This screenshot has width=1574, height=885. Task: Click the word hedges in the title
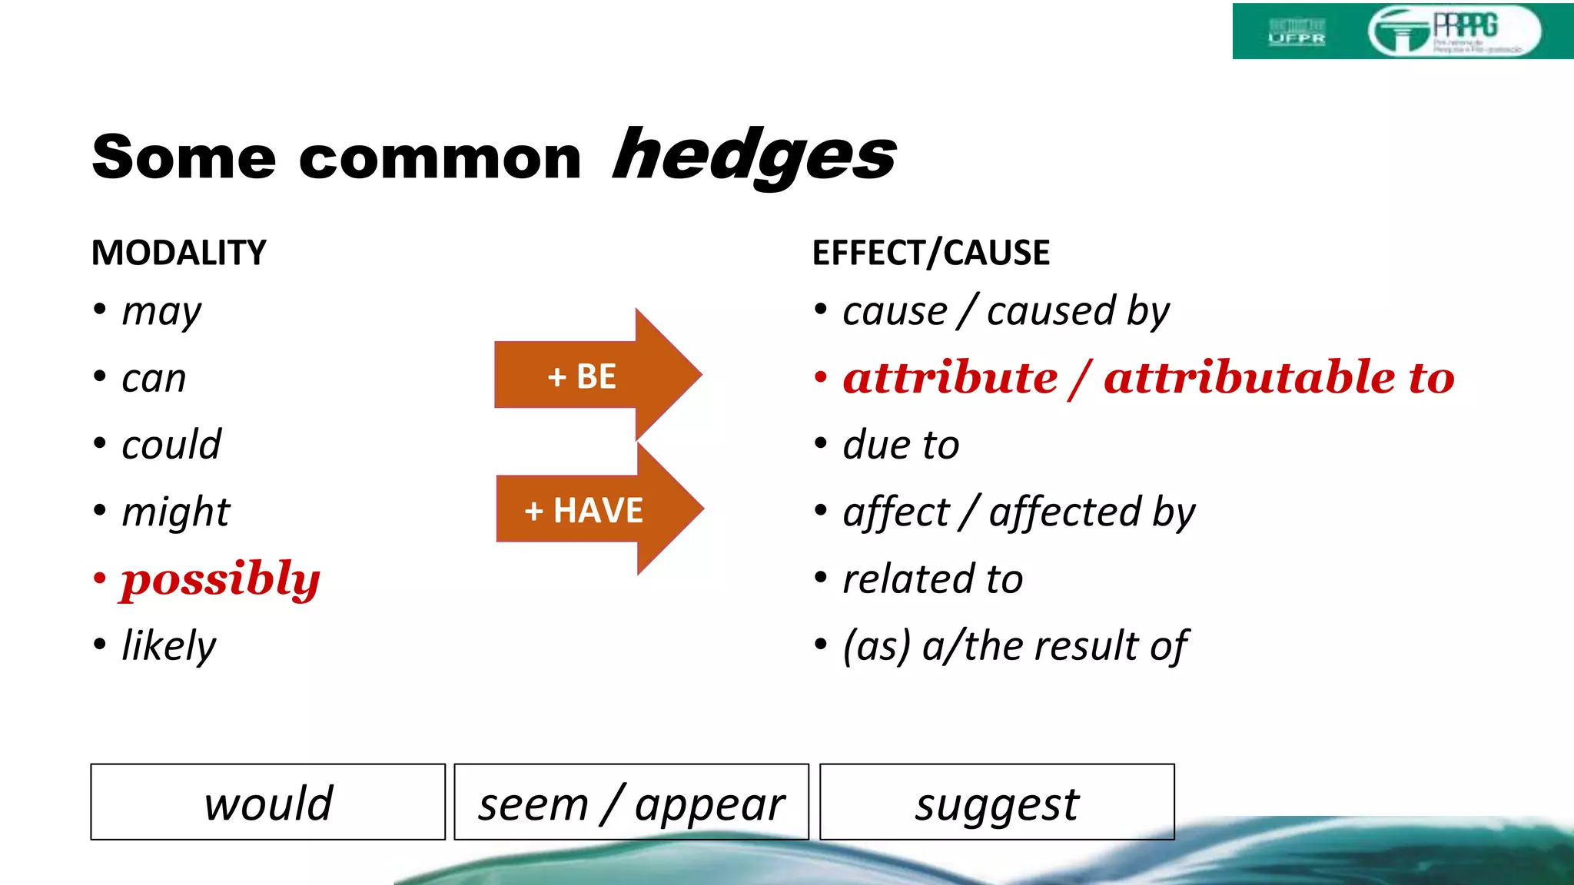tap(754, 156)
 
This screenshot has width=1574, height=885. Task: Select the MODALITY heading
tap(179, 253)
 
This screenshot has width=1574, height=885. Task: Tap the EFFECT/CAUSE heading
tap(931, 253)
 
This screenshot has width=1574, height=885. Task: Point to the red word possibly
tap(220, 580)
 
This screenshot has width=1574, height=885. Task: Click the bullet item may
tap(161, 312)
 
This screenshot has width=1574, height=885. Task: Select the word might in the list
tap(176, 512)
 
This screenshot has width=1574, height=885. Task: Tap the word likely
tap(169, 646)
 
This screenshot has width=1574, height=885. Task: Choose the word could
tap(171, 445)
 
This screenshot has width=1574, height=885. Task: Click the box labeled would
tap(267, 802)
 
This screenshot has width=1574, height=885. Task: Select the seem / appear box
tap(631, 802)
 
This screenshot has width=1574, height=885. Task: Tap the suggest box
tap(997, 802)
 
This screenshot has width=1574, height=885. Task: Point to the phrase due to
tap(901, 445)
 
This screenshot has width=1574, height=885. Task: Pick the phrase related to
tap(933, 579)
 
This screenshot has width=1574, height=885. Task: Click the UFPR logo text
tap(1297, 37)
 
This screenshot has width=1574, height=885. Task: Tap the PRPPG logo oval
tap(1454, 31)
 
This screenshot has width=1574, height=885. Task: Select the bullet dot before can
tap(100, 377)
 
